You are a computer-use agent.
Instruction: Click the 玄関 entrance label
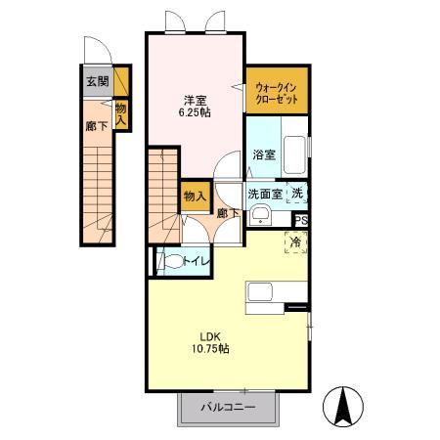pos(98,81)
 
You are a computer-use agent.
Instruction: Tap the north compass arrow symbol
pos(343,407)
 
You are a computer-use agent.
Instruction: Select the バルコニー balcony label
pos(228,407)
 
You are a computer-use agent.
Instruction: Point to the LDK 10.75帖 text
pos(210,342)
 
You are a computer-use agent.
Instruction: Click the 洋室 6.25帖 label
pos(195,107)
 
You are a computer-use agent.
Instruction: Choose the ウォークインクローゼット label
pos(277,93)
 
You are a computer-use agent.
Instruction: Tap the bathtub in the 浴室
pos(294,155)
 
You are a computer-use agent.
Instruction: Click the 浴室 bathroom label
pos(264,154)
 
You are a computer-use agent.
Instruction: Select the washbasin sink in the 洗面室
pos(260,215)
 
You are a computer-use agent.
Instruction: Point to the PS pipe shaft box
pos(301,221)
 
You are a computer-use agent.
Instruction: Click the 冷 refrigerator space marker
pos(296,242)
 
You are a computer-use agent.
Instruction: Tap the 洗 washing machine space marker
pos(297,194)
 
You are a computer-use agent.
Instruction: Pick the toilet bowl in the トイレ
pos(172,261)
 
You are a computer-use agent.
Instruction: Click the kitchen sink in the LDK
pos(260,292)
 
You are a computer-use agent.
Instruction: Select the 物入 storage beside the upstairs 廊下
pos(195,197)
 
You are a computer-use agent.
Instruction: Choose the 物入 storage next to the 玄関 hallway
pos(121,114)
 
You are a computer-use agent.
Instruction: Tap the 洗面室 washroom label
pos(265,194)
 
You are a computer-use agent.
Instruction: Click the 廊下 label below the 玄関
pos(97,126)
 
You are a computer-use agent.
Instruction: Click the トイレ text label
pos(196,261)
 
